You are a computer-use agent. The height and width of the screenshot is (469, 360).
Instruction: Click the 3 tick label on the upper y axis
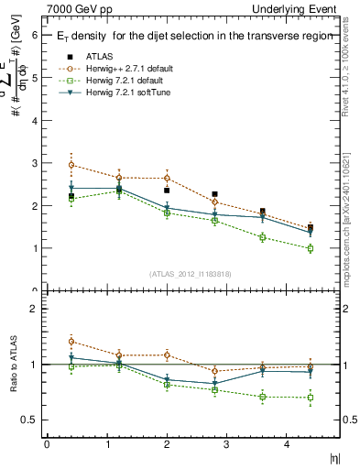pyautogui.click(x=34, y=163)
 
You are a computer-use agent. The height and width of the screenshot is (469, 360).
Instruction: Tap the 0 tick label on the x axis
pyautogui.click(x=47, y=444)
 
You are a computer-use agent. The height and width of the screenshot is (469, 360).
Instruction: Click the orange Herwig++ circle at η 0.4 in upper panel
pyautogui.click(x=71, y=165)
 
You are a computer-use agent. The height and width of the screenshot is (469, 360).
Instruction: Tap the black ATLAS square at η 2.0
pyautogui.click(x=167, y=191)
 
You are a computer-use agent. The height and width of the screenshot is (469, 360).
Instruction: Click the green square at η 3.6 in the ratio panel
pyautogui.click(x=262, y=397)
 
